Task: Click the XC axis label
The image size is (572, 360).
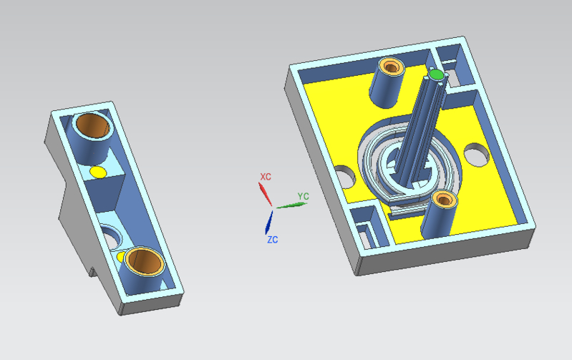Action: [x=266, y=177]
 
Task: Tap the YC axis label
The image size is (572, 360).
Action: [x=303, y=196]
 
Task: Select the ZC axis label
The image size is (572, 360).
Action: [x=273, y=240]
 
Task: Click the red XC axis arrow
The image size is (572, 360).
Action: [x=265, y=194]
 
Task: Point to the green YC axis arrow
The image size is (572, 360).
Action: [x=291, y=205]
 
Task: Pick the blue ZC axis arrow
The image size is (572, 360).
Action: [x=269, y=222]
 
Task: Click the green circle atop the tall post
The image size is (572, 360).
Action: [x=436, y=74]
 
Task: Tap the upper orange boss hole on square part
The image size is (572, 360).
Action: [x=391, y=67]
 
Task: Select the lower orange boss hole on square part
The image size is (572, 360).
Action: [x=444, y=200]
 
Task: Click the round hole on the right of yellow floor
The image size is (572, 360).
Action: [x=476, y=155]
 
